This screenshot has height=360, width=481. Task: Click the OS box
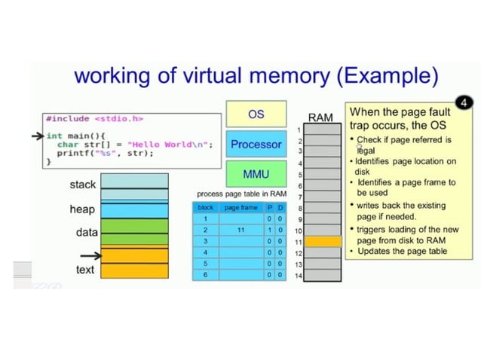[256, 114]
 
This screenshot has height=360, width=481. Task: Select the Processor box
[256, 144]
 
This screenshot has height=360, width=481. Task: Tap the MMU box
[256, 174]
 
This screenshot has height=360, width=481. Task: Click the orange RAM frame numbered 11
[323, 242]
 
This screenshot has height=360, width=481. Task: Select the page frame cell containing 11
[240, 230]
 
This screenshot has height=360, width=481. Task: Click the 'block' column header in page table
[205, 207]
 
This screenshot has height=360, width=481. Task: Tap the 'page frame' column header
[240, 207]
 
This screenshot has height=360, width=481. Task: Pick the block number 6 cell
[205, 275]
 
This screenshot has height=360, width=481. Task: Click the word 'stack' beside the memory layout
[82, 185]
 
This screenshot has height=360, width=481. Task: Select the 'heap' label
[82, 209]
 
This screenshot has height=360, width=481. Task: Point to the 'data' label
[86, 233]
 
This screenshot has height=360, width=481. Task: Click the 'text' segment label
[85, 270]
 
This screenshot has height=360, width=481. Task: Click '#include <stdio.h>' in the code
[94, 118]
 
